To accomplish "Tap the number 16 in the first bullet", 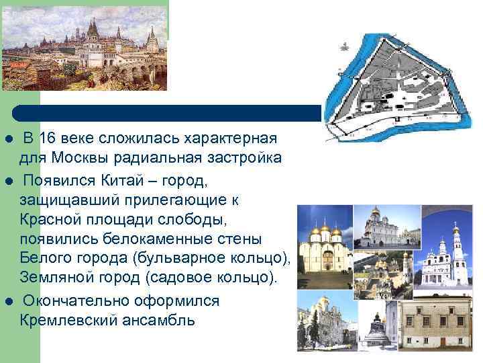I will tap(47, 139).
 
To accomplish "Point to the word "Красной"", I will tap(47, 220).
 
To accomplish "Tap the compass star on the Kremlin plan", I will tap(344, 45).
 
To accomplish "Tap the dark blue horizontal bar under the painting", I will tap(168, 112).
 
